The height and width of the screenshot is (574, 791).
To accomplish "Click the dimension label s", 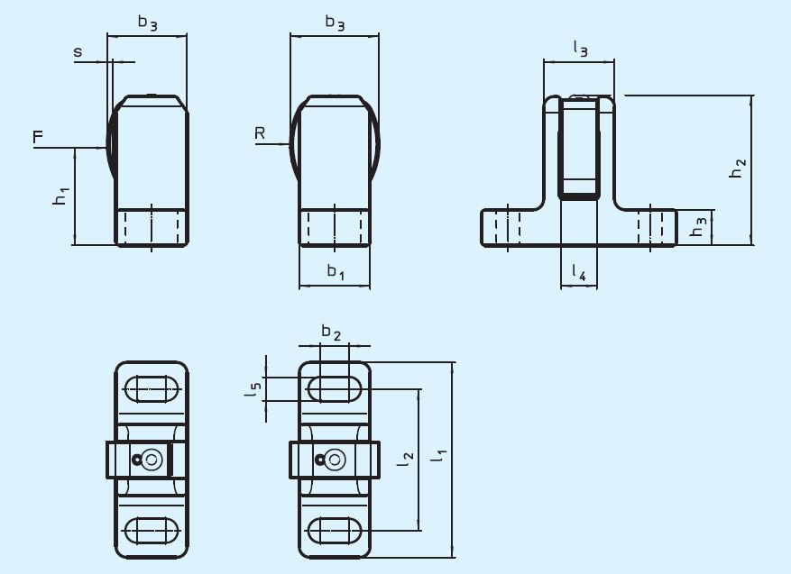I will [x=78, y=53].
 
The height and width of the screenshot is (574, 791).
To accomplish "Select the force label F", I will [x=37, y=137].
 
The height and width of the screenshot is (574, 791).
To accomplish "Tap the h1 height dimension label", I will [x=60, y=195].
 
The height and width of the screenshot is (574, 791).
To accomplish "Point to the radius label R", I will [x=260, y=133].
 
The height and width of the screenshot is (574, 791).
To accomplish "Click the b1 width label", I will [x=335, y=271].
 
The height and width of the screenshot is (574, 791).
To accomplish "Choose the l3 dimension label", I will [x=579, y=50].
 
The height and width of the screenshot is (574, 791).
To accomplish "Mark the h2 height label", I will [x=738, y=169].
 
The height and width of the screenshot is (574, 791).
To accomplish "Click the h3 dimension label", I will [x=697, y=229].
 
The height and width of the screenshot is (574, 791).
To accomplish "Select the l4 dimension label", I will [x=579, y=273].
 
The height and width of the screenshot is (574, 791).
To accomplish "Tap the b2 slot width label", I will [x=332, y=333].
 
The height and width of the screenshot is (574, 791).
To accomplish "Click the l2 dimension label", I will [x=407, y=459].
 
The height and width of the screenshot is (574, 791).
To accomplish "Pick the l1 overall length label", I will [x=438, y=456].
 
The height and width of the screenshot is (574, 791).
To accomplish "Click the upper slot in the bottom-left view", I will [x=152, y=389].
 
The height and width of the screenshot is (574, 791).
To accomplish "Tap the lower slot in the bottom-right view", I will [x=335, y=530].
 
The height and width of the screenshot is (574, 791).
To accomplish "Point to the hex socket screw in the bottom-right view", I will [x=334, y=460].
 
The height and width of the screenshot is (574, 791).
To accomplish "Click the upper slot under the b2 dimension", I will [x=335, y=389].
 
